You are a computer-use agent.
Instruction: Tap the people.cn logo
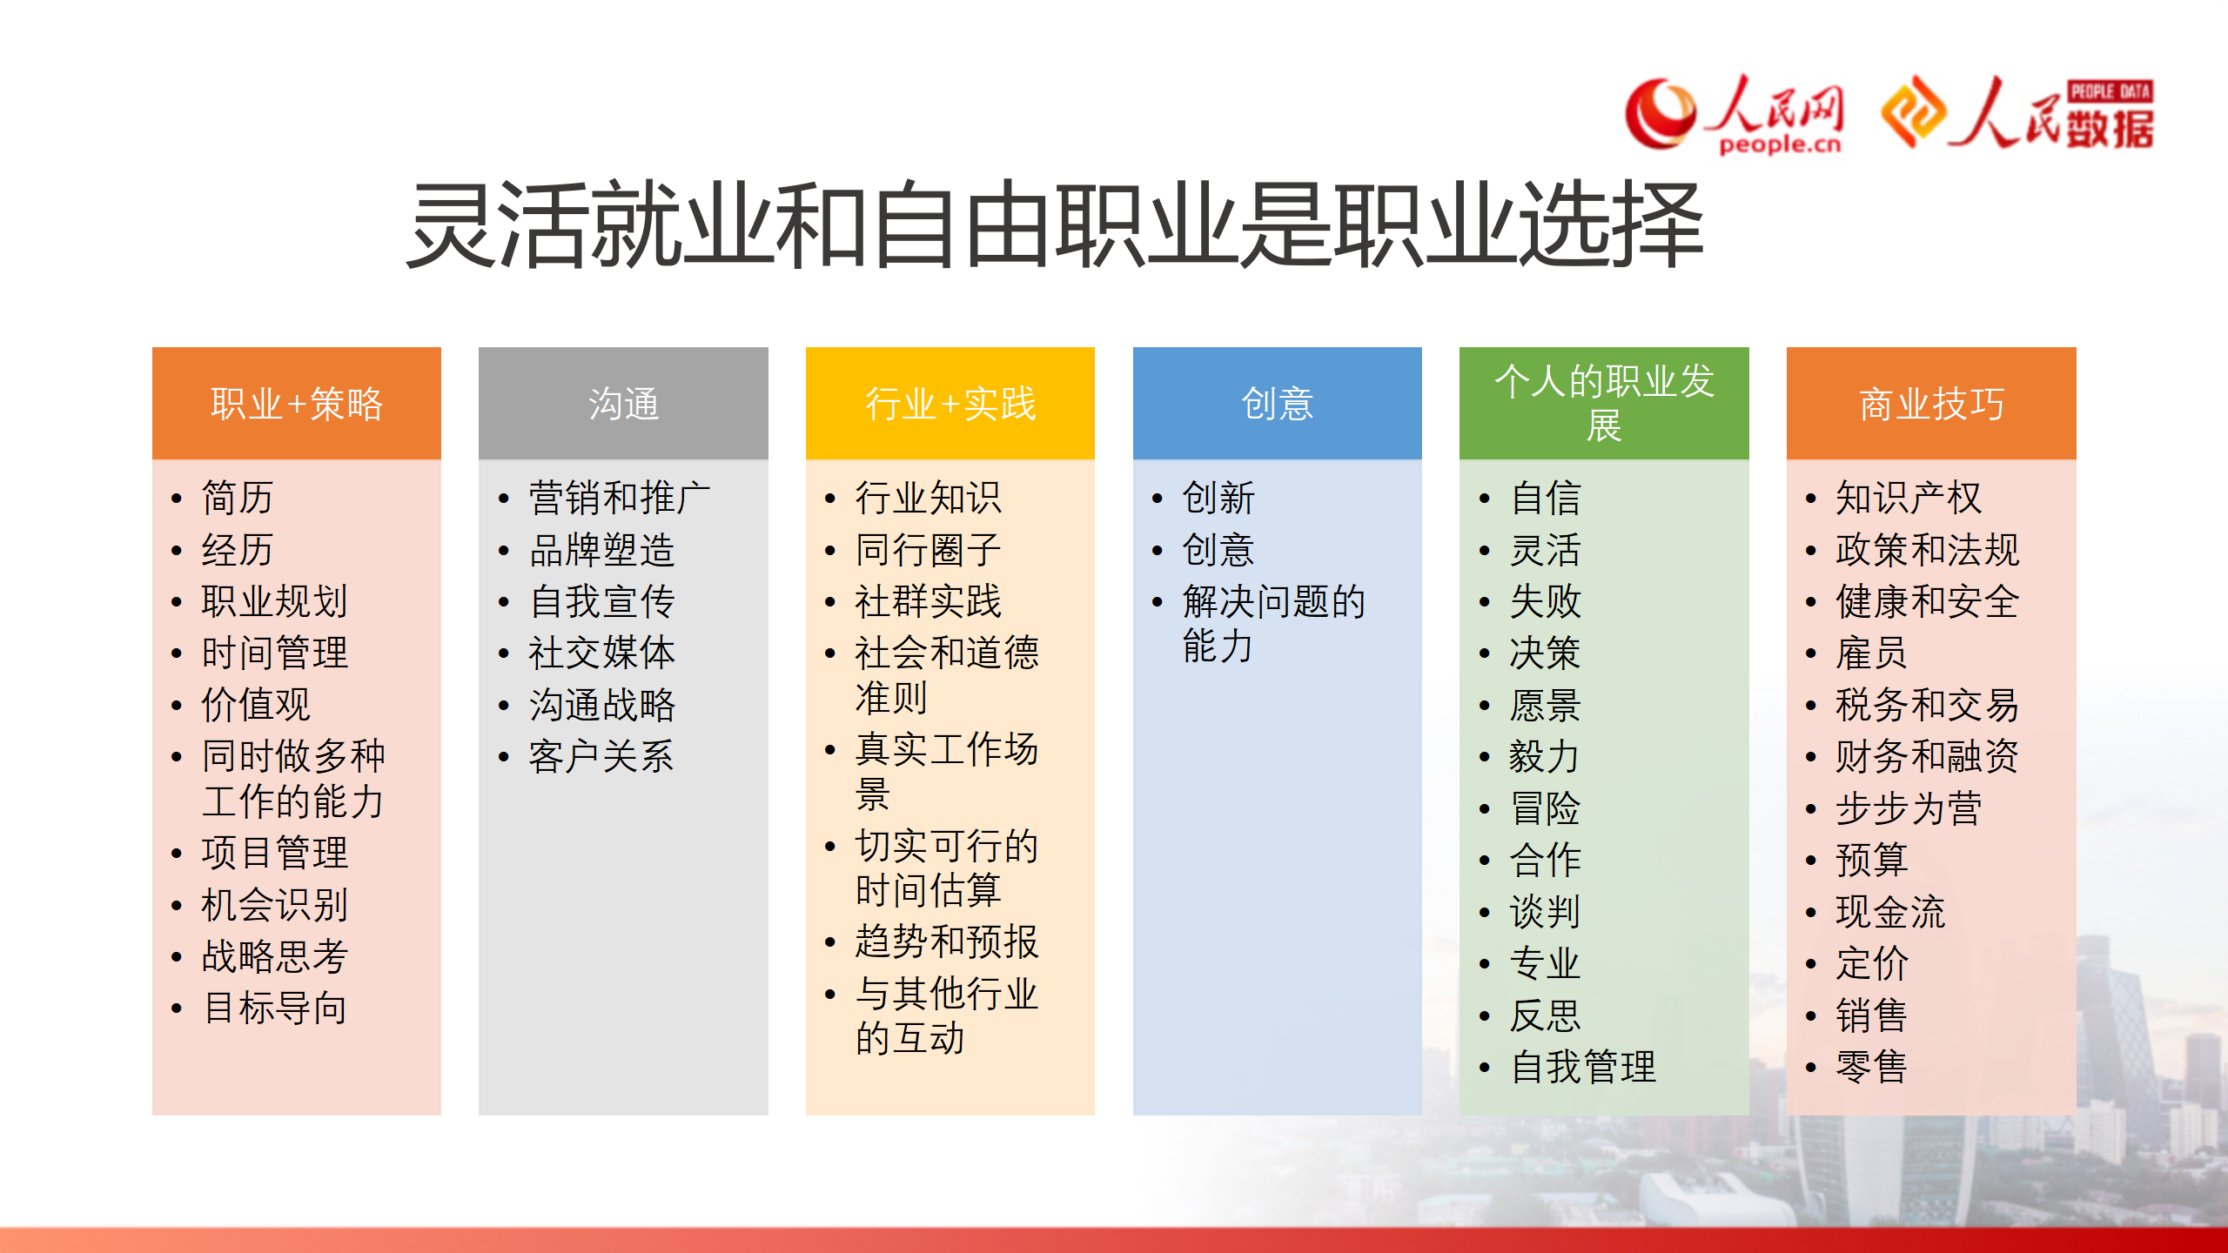tap(1735, 115)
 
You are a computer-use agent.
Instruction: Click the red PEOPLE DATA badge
tap(2111, 91)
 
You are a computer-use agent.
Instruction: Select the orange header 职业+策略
tap(297, 404)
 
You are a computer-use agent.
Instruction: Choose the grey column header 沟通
tap(623, 404)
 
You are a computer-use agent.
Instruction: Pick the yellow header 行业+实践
tap(950, 404)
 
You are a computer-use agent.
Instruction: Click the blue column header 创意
tap(1277, 404)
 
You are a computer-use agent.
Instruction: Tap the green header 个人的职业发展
tap(1604, 404)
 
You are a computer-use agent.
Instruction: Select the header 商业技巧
tap(1931, 404)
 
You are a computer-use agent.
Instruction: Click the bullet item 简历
tap(238, 498)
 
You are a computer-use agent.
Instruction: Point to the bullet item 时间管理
tap(275, 653)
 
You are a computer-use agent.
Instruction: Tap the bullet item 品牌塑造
tap(602, 550)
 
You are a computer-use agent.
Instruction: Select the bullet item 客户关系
tap(602, 756)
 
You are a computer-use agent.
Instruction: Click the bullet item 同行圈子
tap(929, 550)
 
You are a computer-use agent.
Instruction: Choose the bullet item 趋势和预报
tap(947, 941)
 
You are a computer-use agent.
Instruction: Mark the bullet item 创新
tap(1218, 498)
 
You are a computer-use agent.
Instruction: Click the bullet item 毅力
tap(1545, 756)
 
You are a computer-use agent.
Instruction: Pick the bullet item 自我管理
tap(1583, 1067)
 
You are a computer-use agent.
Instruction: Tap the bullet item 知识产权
tap(1909, 498)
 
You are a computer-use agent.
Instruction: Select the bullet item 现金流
tap(1890, 912)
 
